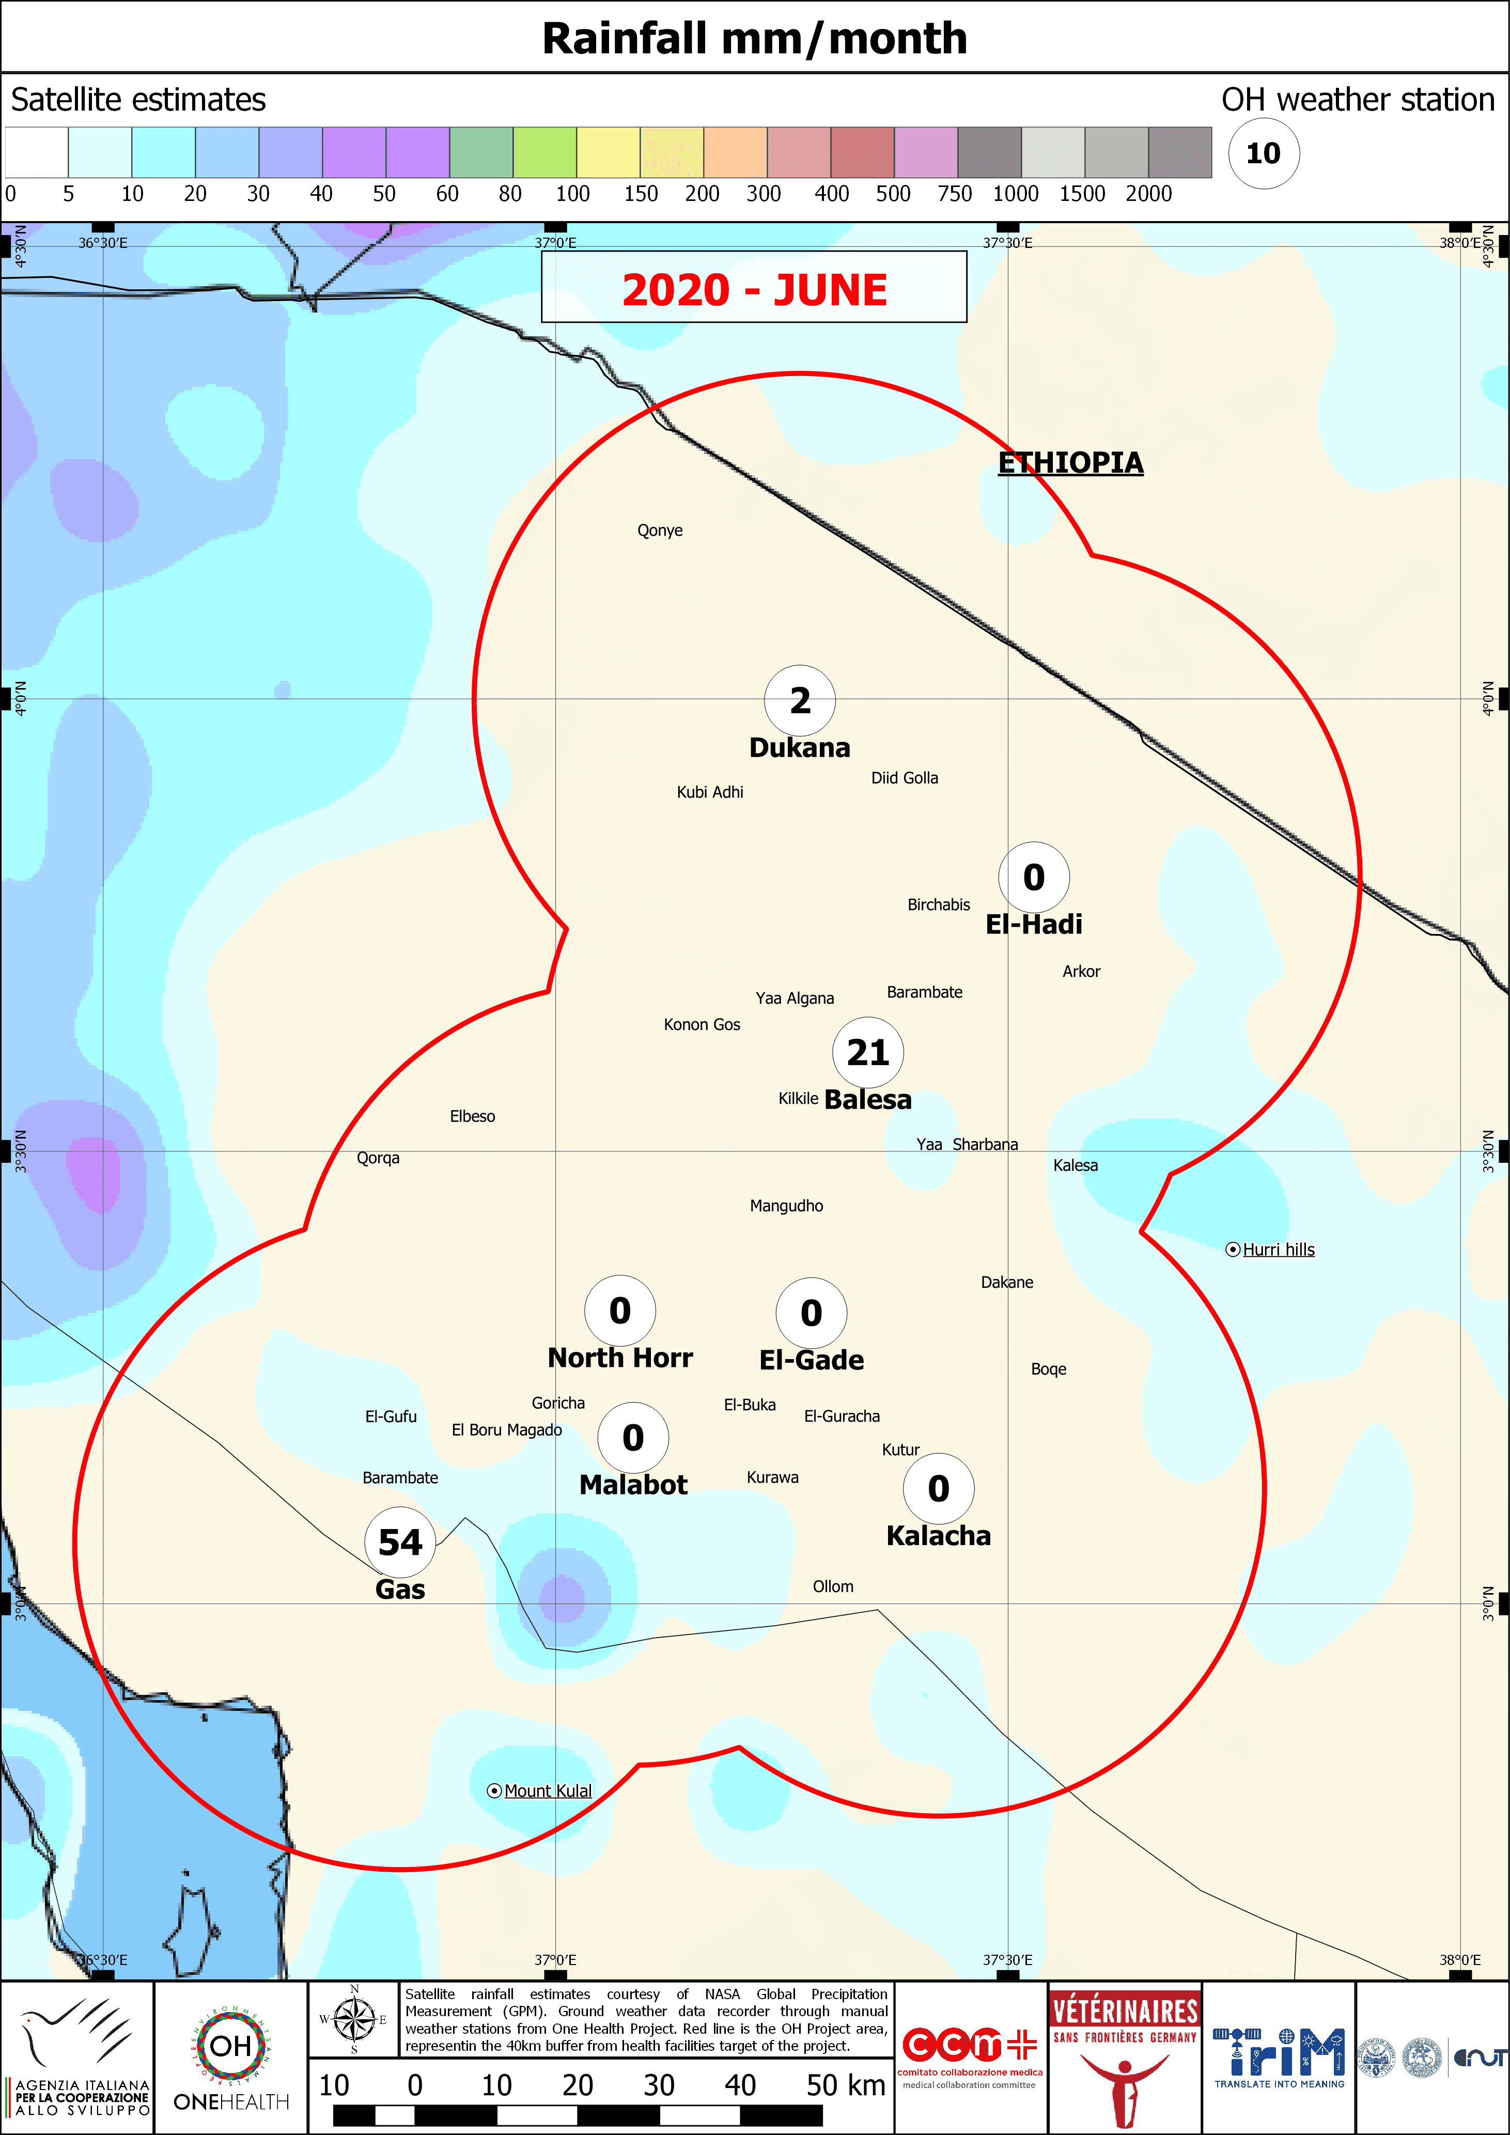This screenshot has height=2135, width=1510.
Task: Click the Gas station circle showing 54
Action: coord(400,1542)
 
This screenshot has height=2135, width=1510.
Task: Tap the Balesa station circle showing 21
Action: coord(867,1053)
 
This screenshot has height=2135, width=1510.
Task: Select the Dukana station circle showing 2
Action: coord(800,700)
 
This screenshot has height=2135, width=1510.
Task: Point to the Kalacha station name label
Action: coord(938,1535)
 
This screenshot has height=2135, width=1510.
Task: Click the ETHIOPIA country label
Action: coord(1070,462)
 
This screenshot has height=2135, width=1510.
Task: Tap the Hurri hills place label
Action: coord(1278,1250)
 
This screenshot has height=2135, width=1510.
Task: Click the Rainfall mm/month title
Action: coord(754,38)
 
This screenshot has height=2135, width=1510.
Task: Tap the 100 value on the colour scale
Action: coord(573,193)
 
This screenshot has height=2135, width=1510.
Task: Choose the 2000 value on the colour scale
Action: coord(1148,193)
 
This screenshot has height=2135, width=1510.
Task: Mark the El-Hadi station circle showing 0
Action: coord(1034,877)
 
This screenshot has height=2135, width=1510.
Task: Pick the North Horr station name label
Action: coord(620,1358)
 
